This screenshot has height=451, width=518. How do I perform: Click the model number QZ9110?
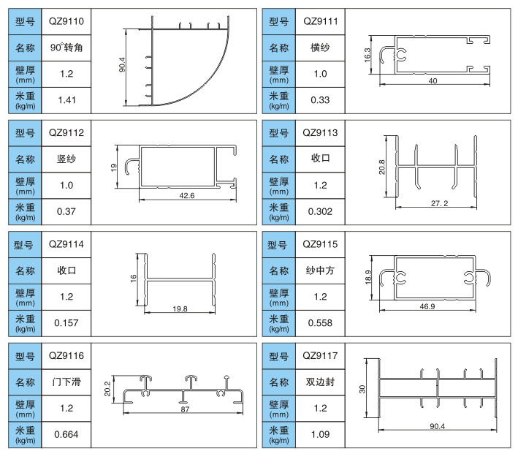coord(66,21)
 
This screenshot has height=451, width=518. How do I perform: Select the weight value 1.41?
coord(66,100)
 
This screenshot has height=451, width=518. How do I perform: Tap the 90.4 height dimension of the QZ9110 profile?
coord(122,65)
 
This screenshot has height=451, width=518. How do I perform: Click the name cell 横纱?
coord(320,48)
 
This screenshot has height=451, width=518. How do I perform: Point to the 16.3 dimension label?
coord(367,55)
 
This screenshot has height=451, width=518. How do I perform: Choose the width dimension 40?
coord(433,81)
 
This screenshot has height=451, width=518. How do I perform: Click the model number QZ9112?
coord(66,133)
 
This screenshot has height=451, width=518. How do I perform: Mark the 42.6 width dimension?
coord(186,196)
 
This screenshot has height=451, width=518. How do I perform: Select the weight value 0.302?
coord(320,211)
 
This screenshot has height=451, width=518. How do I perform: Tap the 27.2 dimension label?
coord(439,203)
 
